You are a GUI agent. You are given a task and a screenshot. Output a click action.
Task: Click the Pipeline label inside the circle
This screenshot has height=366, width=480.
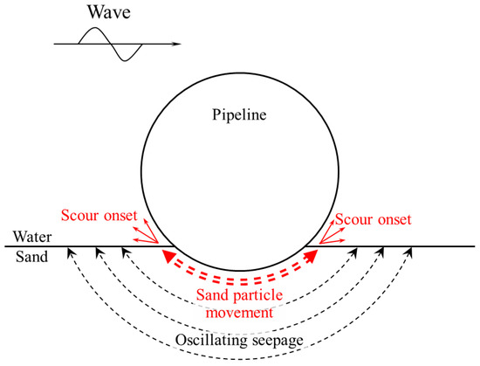click(x=238, y=114)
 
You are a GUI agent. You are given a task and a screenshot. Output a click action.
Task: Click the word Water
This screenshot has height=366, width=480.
click(x=29, y=238)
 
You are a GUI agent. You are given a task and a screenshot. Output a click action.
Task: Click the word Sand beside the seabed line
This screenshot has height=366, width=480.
click(x=26, y=259)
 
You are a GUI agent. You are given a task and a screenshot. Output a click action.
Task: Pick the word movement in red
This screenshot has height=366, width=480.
click(x=239, y=311)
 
